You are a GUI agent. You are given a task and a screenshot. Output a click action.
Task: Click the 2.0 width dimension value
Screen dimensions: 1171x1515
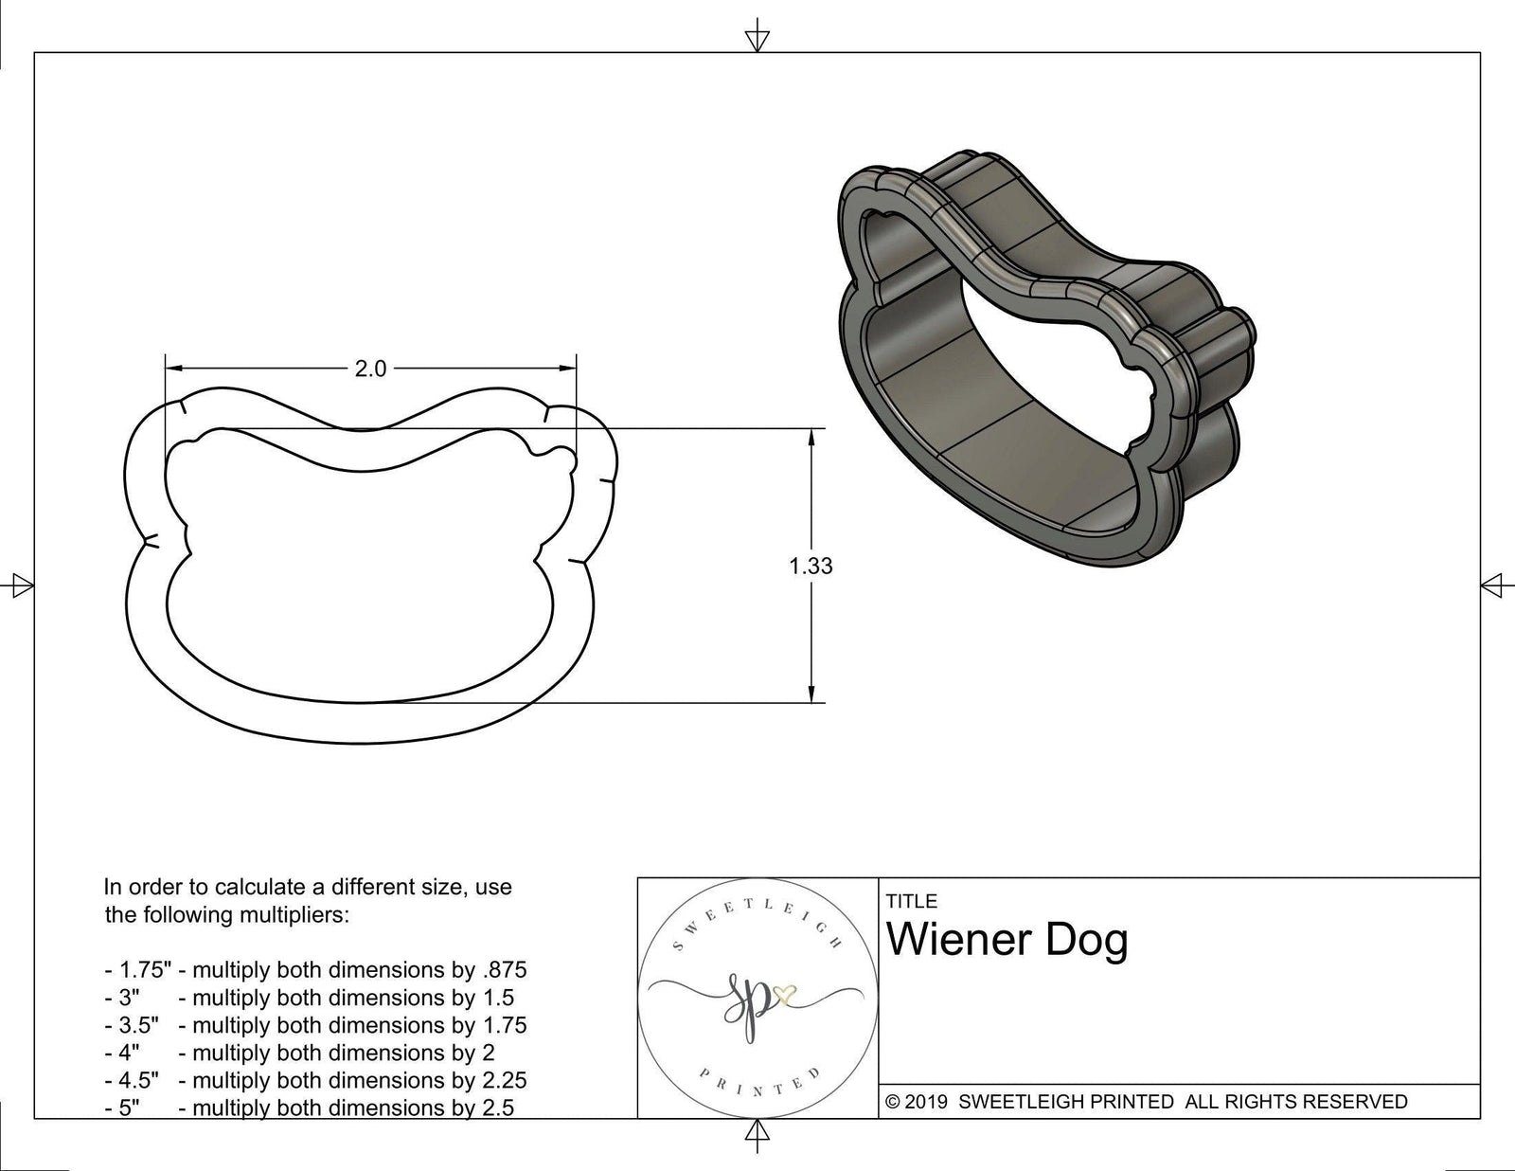point(370,369)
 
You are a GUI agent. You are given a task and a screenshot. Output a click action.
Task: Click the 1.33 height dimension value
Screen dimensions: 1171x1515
point(811,567)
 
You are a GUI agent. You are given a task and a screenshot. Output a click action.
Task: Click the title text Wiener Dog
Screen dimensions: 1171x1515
point(1007,941)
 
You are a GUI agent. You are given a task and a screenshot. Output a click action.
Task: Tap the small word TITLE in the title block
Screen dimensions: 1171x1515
point(911,901)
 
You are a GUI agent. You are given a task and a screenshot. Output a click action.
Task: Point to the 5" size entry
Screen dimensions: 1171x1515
point(129,1108)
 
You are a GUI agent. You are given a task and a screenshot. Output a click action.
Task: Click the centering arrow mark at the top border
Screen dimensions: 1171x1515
point(757,39)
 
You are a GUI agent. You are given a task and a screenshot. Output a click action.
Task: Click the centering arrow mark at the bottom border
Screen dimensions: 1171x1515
point(757,1132)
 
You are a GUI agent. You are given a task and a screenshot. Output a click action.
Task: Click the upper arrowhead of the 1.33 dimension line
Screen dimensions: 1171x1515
point(811,438)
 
